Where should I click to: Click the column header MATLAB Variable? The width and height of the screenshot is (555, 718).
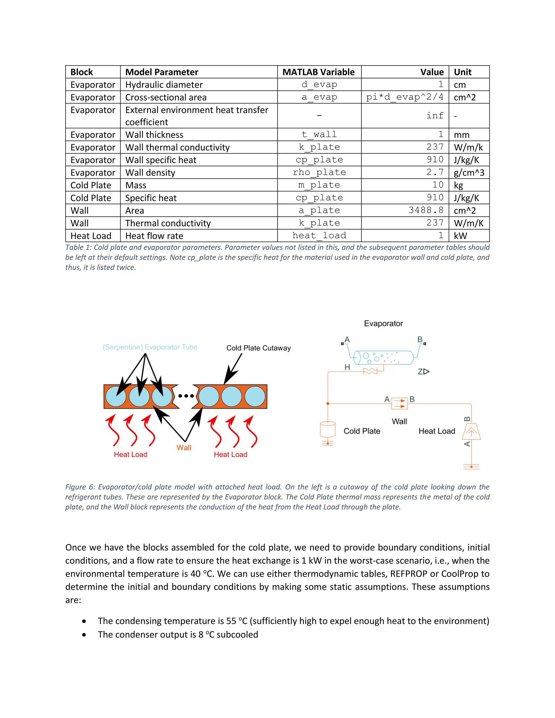tap(318, 72)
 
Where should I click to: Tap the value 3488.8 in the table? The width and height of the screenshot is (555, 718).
tap(426, 210)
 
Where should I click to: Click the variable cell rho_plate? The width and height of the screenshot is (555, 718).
tap(319, 172)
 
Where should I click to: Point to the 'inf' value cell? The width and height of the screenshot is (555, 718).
tap(435, 116)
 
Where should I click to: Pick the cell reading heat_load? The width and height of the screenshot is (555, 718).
tap(319, 235)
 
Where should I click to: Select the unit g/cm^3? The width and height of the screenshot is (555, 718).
tap(469, 173)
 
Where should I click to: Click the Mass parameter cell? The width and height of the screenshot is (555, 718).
tap(136, 185)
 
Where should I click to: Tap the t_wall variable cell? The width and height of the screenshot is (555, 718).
tap(319, 134)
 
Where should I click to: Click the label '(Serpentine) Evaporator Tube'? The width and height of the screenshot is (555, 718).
tap(150, 347)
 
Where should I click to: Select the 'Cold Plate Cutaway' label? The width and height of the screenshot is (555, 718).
tap(259, 348)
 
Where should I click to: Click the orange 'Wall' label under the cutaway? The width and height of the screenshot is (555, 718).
tap(184, 448)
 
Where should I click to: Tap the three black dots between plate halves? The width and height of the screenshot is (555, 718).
tap(186, 396)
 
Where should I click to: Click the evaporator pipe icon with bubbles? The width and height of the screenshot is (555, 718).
tap(383, 357)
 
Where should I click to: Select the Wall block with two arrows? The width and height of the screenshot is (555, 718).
tap(399, 403)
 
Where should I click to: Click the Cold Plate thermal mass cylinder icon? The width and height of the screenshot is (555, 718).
tap(327, 429)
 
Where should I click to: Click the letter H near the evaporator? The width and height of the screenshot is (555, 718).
tap(347, 367)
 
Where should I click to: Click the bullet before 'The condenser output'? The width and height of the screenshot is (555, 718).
tap(85, 635)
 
